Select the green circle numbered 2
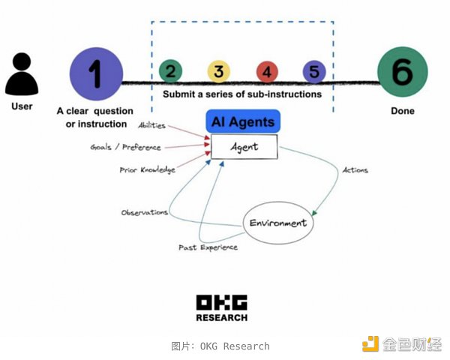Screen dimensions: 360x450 pos(171,72)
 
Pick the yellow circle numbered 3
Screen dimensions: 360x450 pos(218,72)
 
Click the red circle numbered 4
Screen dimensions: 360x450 pos(266,72)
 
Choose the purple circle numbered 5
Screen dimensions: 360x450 pos(313,72)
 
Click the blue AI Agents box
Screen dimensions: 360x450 pos(242,121)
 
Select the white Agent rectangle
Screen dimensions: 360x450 pos(244,147)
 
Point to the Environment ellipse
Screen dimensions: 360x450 pos(277,223)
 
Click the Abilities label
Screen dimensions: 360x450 pos(151,125)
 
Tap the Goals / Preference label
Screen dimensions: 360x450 pos(125,147)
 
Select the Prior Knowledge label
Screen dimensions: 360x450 pos(147,170)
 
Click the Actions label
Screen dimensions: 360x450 pos(354,170)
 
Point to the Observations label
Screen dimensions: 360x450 pos(145,212)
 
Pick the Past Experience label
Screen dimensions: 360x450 pos(208,247)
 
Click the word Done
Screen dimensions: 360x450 pos(402,111)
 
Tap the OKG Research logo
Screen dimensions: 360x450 pos(221,307)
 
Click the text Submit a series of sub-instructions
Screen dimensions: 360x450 pos(242,94)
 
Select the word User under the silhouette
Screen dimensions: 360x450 pos(22,106)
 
